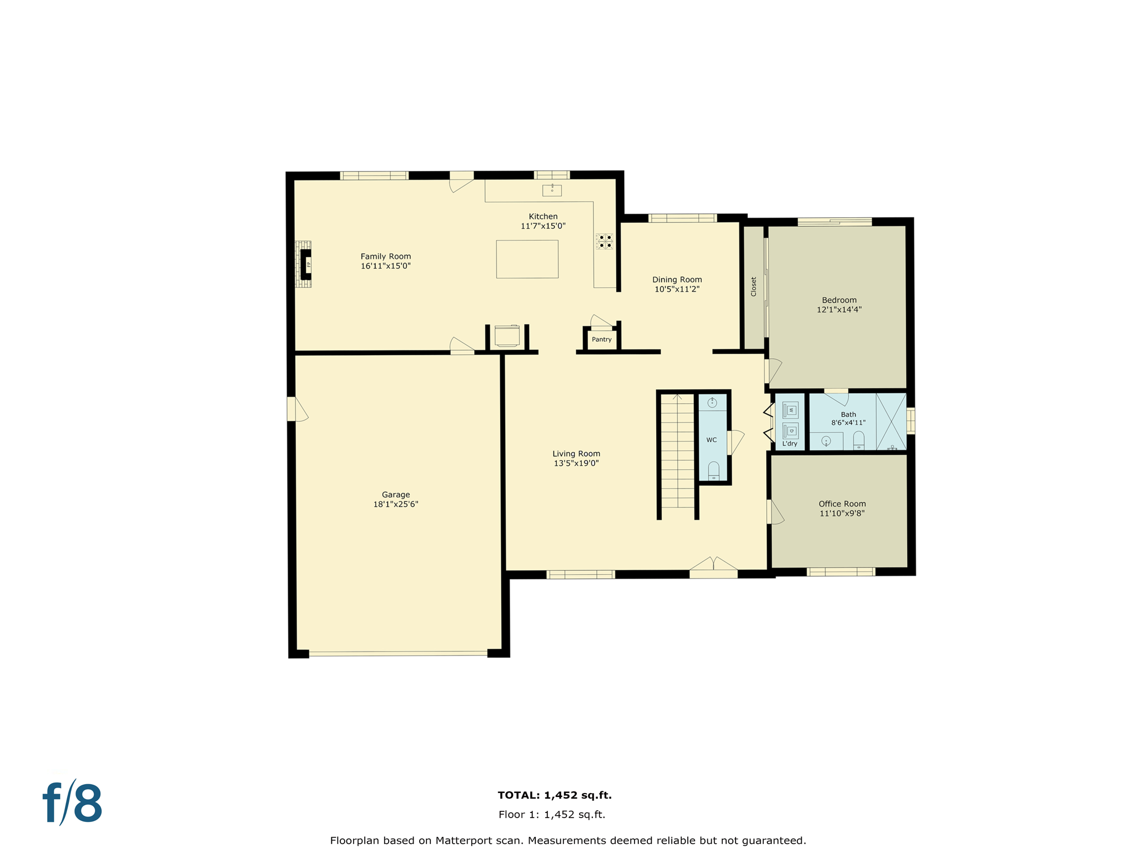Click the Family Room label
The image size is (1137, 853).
point(385,257)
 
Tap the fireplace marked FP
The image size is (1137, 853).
point(306,264)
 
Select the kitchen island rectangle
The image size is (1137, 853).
point(527,259)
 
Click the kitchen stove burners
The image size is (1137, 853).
point(605,241)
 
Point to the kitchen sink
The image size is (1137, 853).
point(552,190)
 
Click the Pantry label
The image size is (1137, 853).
point(601,339)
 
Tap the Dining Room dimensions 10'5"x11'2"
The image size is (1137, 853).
point(677,289)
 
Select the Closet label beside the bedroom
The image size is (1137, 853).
point(753,287)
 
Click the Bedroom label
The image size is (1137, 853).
point(839,300)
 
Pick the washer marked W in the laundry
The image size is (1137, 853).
point(791,410)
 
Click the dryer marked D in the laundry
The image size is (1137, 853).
point(791,430)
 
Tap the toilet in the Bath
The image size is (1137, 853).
point(859,440)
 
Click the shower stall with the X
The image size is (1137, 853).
point(891,421)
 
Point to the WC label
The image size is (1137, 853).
point(711,440)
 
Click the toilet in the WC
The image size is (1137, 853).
point(714,470)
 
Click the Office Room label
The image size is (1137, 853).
point(842,504)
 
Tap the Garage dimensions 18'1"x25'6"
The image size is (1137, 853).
point(395,504)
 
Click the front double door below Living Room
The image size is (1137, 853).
point(713,568)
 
